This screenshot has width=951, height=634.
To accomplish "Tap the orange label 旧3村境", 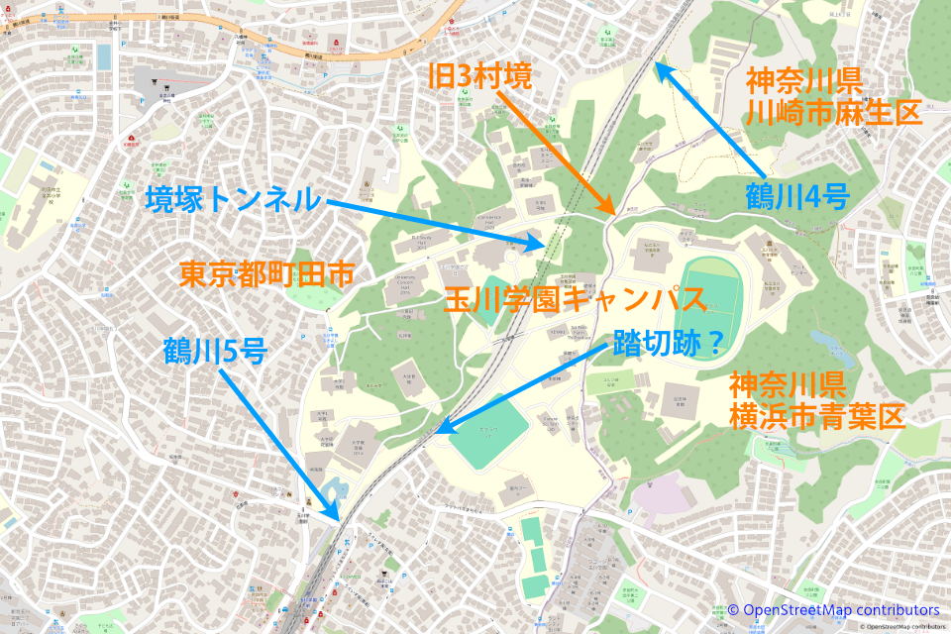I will [480, 75].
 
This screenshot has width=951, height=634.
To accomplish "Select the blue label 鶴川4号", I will [797, 197].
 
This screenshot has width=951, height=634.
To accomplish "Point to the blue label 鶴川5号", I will [214, 351].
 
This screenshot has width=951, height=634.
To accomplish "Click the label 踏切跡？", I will [668, 342].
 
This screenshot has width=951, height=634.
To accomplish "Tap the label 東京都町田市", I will [266, 274].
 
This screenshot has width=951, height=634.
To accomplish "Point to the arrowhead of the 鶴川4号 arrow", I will [655, 65].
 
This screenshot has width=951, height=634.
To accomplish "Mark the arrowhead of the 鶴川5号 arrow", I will [337, 519].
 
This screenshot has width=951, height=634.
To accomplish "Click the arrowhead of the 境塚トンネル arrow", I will [544, 243].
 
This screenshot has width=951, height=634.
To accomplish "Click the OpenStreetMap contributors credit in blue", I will [833, 609].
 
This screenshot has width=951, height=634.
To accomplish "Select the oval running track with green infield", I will [711, 297].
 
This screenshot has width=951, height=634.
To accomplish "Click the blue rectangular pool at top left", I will [103, 56].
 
